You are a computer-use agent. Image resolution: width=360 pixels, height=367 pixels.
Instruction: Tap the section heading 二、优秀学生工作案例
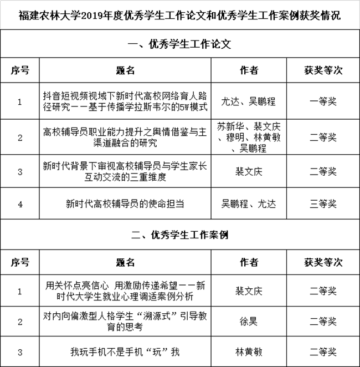click(179, 235)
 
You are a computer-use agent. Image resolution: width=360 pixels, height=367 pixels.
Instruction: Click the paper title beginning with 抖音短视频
click(125, 100)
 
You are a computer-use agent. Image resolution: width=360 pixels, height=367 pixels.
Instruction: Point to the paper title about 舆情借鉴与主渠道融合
click(125, 137)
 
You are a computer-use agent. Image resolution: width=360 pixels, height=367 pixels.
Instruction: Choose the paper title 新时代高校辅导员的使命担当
click(125, 204)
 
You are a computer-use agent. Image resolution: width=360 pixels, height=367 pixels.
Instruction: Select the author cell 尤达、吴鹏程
click(249, 101)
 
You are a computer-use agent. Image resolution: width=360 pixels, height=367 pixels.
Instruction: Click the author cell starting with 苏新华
click(249, 137)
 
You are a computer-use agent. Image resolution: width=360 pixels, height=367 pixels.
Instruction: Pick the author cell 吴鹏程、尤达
click(249, 204)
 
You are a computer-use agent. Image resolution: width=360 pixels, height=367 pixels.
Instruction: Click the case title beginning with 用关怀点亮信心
click(125, 291)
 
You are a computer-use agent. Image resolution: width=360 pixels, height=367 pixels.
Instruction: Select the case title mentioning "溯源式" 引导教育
click(125, 322)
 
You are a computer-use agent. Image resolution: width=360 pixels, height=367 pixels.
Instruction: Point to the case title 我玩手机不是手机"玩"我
click(125, 351)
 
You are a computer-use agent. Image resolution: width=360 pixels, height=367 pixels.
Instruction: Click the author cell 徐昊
click(249, 322)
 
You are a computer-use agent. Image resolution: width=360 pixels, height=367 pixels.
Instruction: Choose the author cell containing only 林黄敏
click(249, 351)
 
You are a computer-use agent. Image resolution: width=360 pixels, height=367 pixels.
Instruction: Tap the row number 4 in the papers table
click(20, 204)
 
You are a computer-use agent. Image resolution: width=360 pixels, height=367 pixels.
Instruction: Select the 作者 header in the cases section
click(249, 261)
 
